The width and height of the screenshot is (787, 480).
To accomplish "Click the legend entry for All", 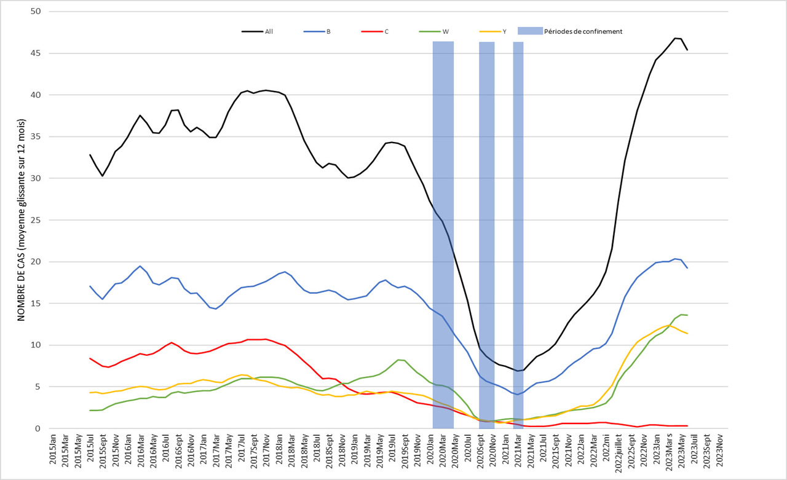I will [269, 31].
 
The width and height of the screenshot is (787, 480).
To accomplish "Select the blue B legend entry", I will [328, 31].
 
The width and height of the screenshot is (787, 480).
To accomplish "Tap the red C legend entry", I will [386, 31].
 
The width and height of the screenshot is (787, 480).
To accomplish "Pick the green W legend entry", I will [445, 31].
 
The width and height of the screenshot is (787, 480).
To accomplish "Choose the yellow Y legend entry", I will [504, 31].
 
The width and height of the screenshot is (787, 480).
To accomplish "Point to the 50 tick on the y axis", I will [36, 12].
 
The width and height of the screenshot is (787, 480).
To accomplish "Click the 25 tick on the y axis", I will [36, 220].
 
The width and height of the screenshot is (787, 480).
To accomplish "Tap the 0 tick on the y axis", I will [38, 428].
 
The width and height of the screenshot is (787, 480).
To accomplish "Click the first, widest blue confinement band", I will [443, 234].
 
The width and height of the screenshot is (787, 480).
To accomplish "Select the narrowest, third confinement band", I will [518, 234].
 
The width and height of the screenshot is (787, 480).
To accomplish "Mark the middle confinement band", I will [486, 234].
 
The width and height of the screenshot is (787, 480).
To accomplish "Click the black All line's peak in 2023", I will [675, 38].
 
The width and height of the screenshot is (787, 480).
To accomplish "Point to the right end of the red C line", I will [687, 426].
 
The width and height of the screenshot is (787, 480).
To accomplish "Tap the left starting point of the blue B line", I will [90, 286].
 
